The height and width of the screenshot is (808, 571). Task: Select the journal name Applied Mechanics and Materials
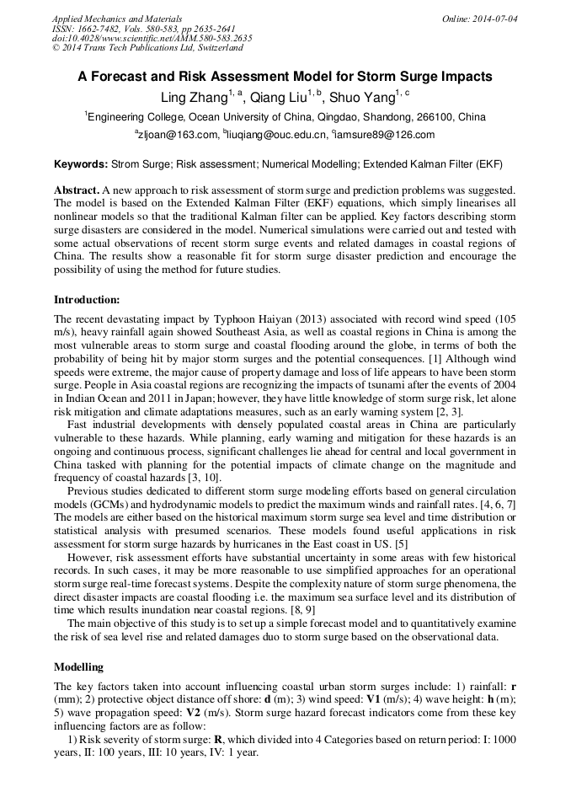(117, 18)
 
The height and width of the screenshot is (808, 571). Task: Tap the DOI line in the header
(152, 38)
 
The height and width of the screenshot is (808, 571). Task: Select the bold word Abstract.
(76, 191)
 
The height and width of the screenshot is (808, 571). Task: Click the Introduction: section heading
(87, 299)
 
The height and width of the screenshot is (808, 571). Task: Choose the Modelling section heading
(78, 666)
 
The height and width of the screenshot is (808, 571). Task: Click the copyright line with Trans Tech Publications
(147, 48)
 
